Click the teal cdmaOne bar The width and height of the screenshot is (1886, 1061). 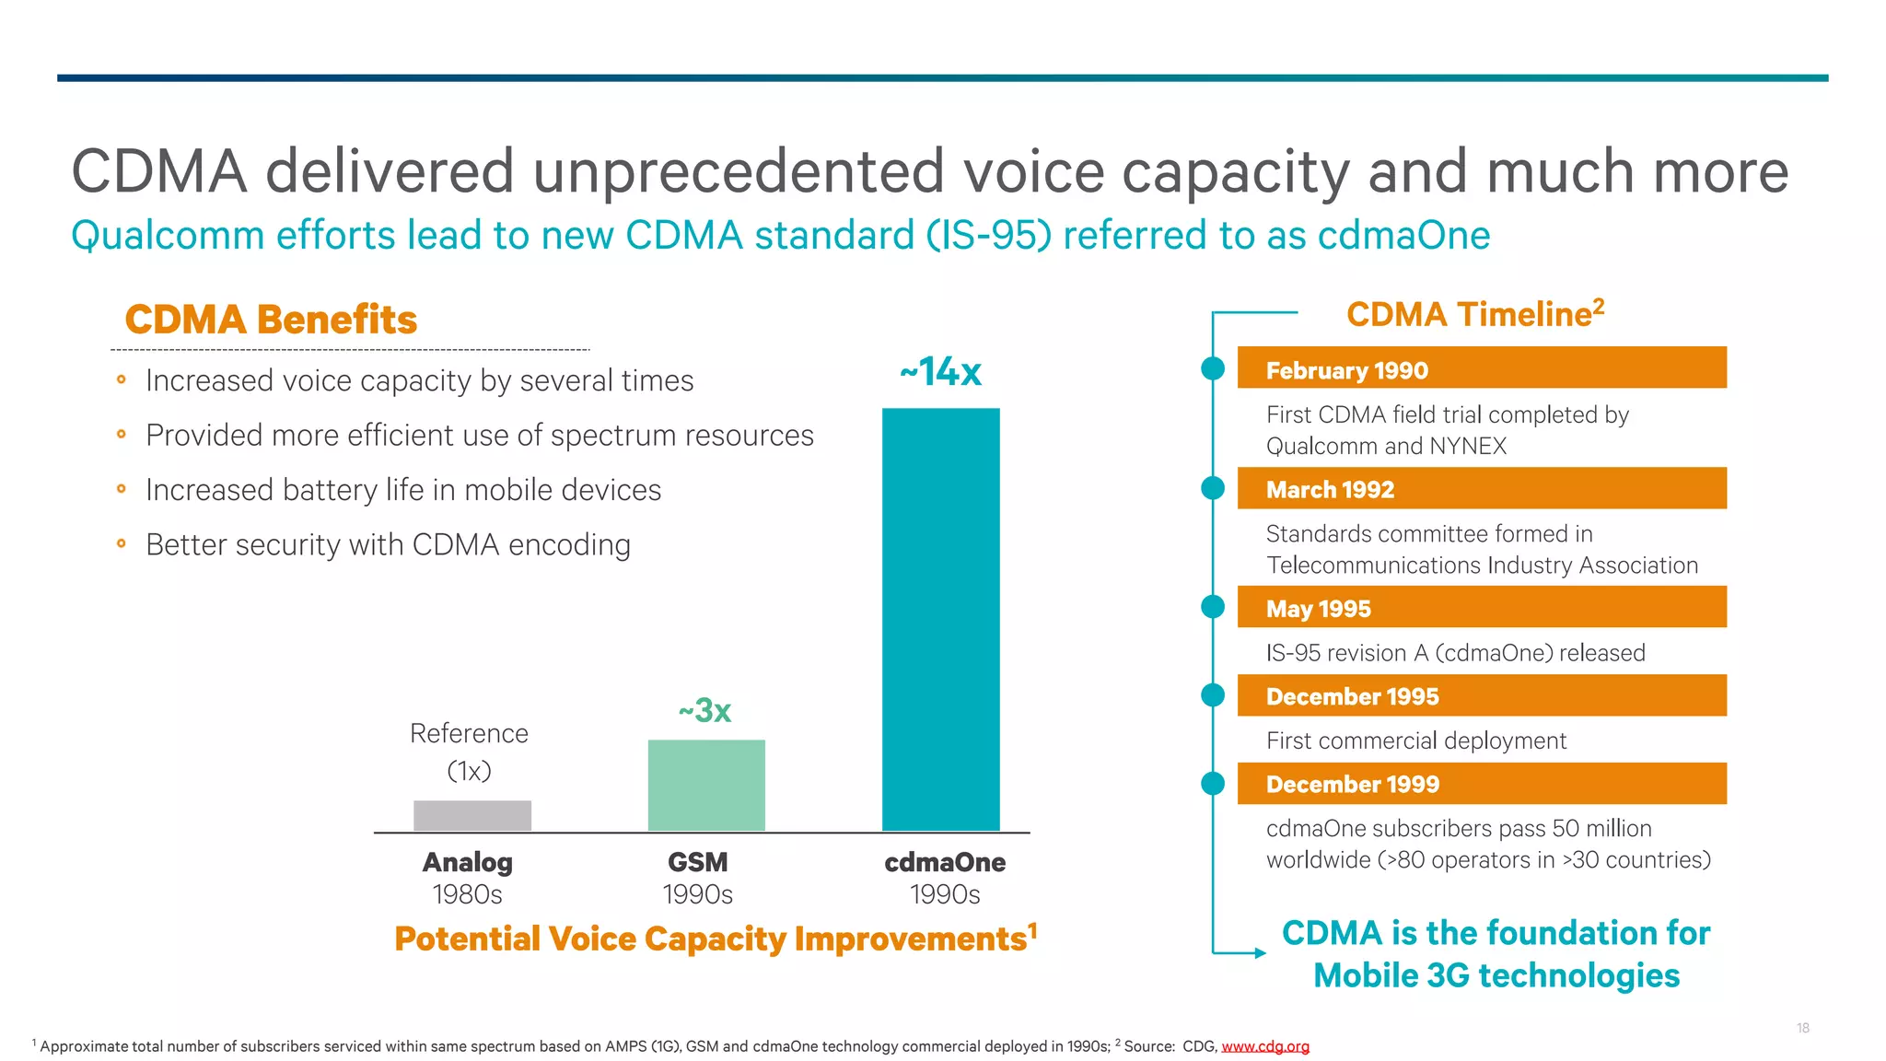940,619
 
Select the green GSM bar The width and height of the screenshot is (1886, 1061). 706,785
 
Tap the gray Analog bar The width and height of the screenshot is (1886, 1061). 471,815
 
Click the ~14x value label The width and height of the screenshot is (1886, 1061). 940,372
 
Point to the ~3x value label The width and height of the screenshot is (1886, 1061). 705,710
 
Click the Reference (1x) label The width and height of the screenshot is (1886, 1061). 469,752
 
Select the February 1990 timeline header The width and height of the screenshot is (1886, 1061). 1481,368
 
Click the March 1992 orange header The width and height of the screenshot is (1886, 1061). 1481,488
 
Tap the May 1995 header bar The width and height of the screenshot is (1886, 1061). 1481,607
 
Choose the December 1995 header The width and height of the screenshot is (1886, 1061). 1481,695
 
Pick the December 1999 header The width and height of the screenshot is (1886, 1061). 1481,783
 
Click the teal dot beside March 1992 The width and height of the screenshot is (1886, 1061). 1213,488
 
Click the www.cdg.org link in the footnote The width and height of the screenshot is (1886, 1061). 1264,1046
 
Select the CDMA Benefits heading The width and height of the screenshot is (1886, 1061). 271,320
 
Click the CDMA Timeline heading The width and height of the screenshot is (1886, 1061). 1474,314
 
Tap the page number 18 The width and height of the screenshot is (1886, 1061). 1802,1028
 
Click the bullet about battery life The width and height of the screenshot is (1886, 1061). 402,490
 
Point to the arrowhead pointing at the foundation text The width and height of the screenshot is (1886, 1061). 1260,953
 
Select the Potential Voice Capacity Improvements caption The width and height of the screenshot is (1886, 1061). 715,939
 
